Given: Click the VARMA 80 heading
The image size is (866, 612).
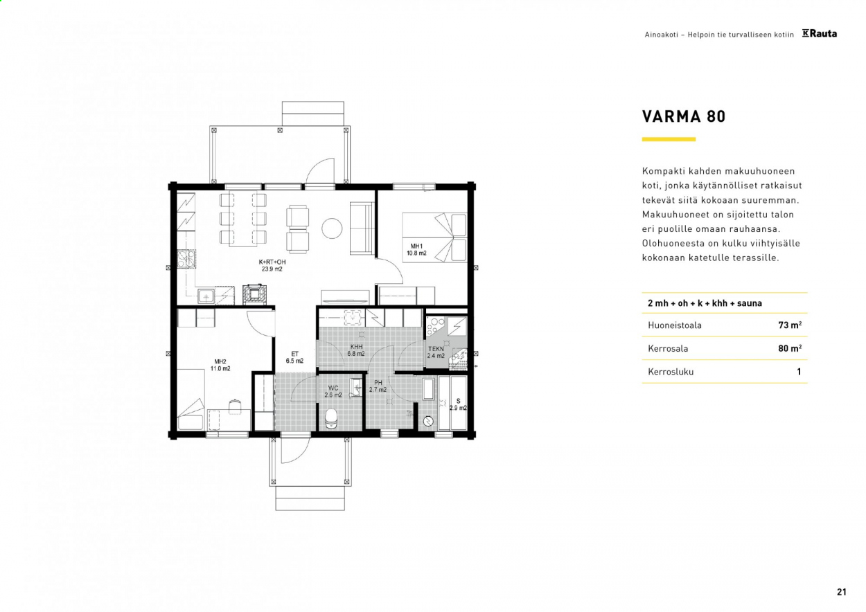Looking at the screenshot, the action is [x=684, y=116].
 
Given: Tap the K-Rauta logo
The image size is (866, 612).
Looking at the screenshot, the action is [x=819, y=34].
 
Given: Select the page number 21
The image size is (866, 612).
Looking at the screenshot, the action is [x=842, y=591].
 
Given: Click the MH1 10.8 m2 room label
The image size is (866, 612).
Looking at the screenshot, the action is [x=416, y=250].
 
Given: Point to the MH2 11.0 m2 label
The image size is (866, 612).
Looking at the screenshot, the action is [x=220, y=365].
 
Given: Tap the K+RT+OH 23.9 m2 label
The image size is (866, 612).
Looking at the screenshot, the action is [x=272, y=265].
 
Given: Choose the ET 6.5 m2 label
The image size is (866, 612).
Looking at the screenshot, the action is [x=294, y=357].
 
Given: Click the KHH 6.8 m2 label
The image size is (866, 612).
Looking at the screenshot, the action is [x=356, y=350].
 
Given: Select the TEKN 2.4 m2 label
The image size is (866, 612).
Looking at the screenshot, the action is [x=436, y=352].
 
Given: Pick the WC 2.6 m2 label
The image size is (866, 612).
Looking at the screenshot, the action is [x=333, y=391].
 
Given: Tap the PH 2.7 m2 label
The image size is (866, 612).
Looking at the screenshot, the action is [x=378, y=386].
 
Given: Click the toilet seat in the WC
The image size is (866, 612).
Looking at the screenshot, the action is [x=331, y=419].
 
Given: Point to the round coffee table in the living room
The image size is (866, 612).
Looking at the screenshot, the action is [x=332, y=228].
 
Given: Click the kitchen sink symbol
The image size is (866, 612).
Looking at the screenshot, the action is [x=206, y=296].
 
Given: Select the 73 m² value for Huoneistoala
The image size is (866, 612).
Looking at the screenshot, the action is [x=790, y=325].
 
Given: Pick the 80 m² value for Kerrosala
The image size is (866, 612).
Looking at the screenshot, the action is [x=790, y=348].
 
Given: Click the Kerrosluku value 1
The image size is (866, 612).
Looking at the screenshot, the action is [x=799, y=372].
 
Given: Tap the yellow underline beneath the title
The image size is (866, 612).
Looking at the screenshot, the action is [x=669, y=139].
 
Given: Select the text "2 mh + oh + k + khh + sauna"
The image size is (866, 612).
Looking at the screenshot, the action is [x=705, y=303].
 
